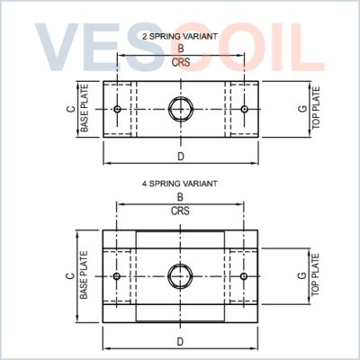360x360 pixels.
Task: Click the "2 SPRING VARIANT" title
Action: (x=180, y=37)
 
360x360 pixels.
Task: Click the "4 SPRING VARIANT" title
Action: (x=180, y=184)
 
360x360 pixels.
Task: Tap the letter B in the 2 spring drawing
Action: (x=181, y=49)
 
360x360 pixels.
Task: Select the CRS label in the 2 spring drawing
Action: (x=181, y=62)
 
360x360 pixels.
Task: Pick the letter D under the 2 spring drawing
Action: (x=181, y=157)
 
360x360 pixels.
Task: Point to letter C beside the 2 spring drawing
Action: (x=71, y=109)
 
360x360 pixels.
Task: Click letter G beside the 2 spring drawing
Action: (x=303, y=108)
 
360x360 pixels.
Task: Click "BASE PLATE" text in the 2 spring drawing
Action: (x=85, y=108)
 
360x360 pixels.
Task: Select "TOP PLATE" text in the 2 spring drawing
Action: (x=316, y=108)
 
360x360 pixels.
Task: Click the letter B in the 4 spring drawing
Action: (x=180, y=197)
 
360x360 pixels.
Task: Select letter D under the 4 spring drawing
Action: (x=180, y=342)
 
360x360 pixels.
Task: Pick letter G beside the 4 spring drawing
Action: (x=302, y=275)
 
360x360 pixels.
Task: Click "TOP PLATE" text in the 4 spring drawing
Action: (x=315, y=275)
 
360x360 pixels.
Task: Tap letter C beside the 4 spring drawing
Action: (x=70, y=275)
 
